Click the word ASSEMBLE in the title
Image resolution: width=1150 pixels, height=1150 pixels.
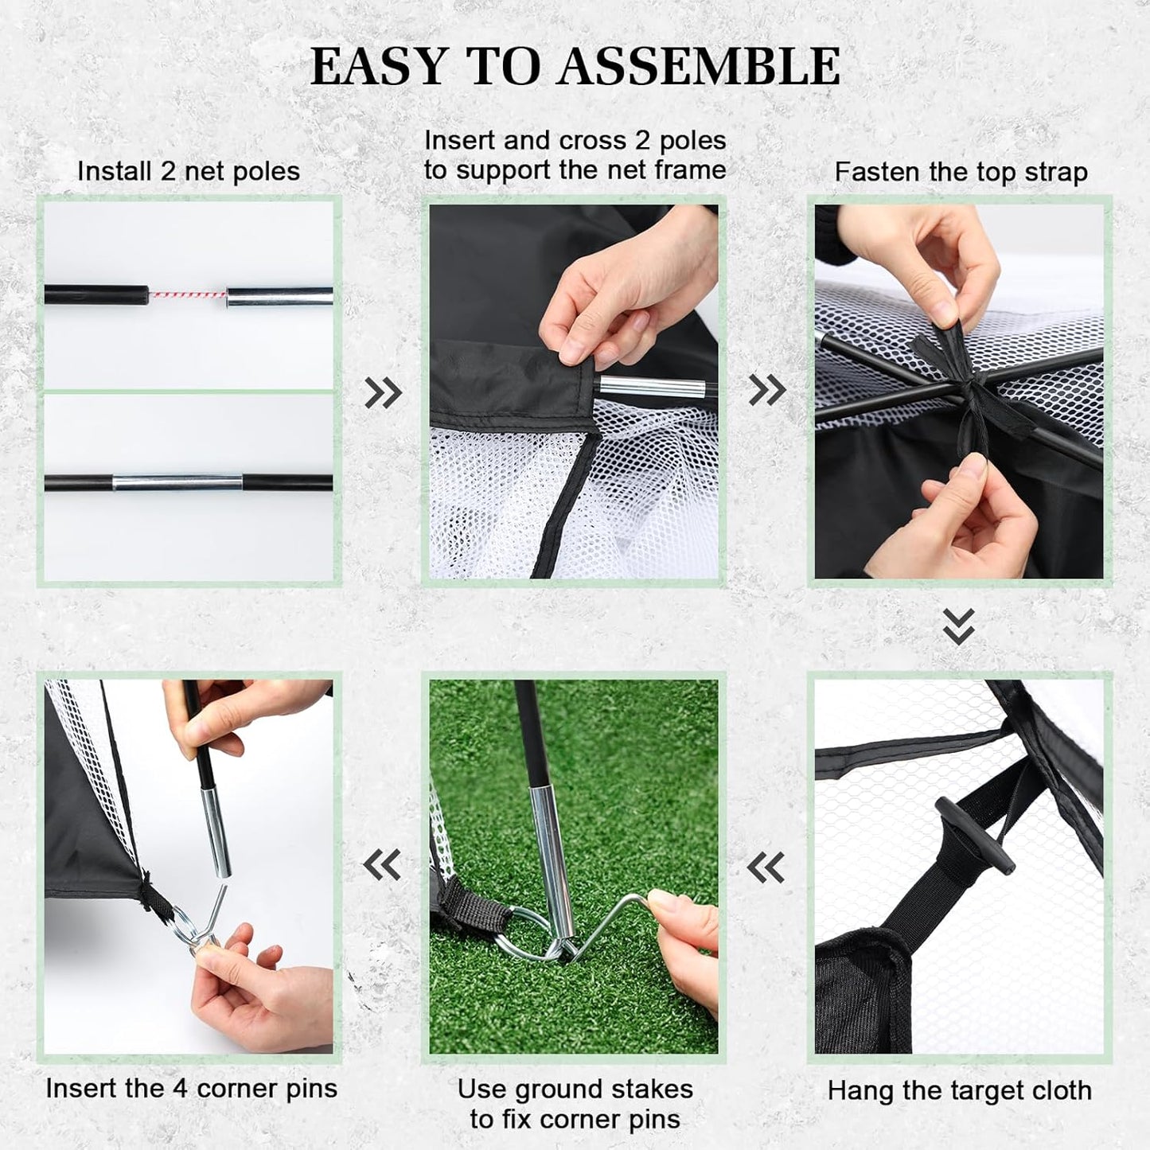pos(698,66)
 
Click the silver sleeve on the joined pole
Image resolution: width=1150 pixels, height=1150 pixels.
pos(177,482)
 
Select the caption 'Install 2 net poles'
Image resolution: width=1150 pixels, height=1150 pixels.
pos(189,171)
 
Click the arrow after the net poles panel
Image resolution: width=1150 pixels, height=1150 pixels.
pos(384,392)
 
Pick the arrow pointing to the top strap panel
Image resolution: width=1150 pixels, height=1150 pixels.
pos(767,389)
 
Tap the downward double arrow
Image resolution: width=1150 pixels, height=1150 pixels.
pos(958,626)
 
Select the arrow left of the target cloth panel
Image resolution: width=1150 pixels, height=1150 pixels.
pos(766,867)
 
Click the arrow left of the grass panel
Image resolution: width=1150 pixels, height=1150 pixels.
pos(382,864)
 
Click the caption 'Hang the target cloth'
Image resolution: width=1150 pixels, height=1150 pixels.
pos(959,1090)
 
